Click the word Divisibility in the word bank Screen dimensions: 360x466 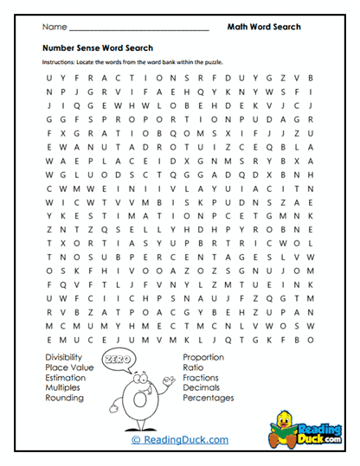coord(64,356)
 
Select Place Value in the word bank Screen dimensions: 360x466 coord(66,367)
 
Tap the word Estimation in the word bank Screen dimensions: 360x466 coord(65,377)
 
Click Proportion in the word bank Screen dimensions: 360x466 coord(203,356)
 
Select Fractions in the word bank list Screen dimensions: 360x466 coord(201,377)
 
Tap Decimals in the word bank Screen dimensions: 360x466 coord(201,387)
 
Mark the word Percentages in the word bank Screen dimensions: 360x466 coord(208,398)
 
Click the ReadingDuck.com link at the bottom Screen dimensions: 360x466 coord(180,440)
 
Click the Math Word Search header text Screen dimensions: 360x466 coord(264,27)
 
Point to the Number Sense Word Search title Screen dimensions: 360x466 coord(97,48)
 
